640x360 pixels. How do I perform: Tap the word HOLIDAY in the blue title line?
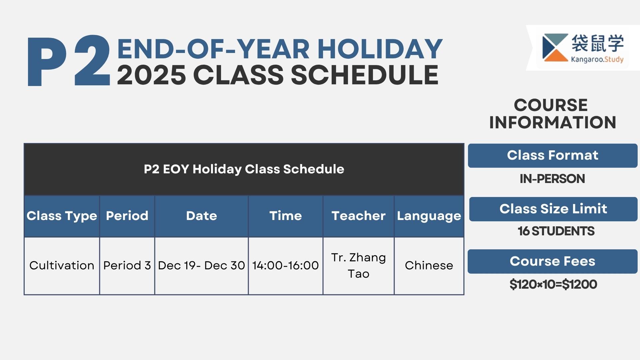pyautogui.click(x=380, y=49)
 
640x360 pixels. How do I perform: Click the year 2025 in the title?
pyautogui.click(x=151, y=75)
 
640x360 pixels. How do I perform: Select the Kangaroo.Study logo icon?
pyautogui.click(x=555, y=48)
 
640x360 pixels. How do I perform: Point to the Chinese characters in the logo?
pyautogui.click(x=598, y=44)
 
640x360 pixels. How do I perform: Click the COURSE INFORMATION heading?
pyautogui.click(x=552, y=114)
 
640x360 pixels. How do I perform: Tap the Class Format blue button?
pyautogui.click(x=553, y=156)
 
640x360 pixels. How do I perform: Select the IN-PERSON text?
pyautogui.click(x=552, y=179)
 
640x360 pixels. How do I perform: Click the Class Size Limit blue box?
pyautogui.click(x=553, y=209)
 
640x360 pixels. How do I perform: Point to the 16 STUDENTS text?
pyautogui.click(x=556, y=231)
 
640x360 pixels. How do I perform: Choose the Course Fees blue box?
pyautogui.click(x=553, y=261)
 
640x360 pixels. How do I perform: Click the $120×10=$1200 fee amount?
pyautogui.click(x=553, y=284)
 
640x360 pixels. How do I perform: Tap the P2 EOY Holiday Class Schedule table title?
pyautogui.click(x=244, y=169)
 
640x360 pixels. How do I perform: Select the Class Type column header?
pyautogui.click(x=62, y=216)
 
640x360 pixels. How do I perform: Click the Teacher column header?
pyautogui.click(x=359, y=216)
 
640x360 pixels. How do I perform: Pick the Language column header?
pyautogui.click(x=429, y=216)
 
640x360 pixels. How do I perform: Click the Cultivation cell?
pyautogui.click(x=62, y=266)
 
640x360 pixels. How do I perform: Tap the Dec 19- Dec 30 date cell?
pyautogui.click(x=201, y=266)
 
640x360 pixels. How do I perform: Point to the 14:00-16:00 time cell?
pyautogui.click(x=286, y=266)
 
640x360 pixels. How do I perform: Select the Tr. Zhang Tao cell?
pyautogui.click(x=359, y=266)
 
